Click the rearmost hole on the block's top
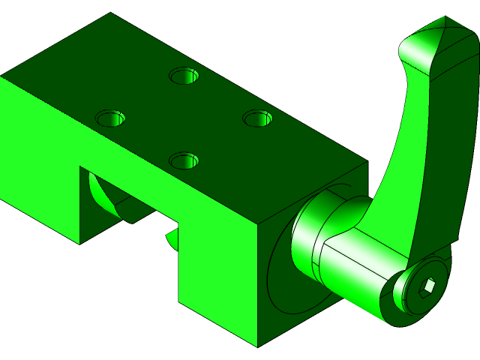184,76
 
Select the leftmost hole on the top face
112,118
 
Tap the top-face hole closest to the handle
256,118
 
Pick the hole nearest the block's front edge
184,160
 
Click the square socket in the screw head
427,286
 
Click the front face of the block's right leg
217,277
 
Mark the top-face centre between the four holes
184,118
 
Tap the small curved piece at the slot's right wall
172,240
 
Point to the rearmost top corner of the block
111,13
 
